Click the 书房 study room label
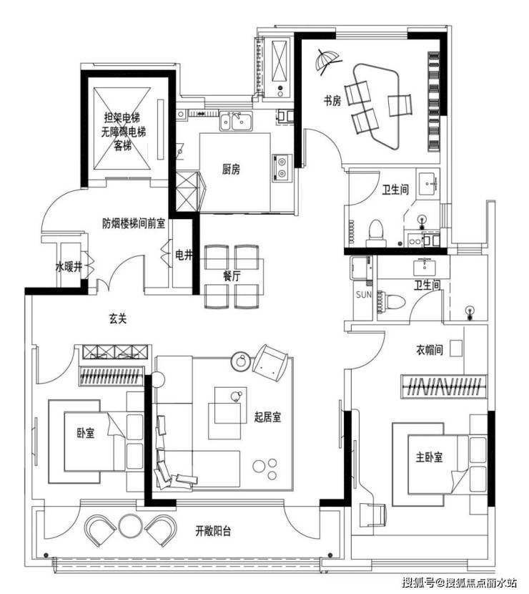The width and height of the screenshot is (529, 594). [332, 100]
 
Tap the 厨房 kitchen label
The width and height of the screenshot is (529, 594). [231, 169]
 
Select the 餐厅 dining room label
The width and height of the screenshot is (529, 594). [231, 276]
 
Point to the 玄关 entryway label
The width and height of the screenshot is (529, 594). [118, 318]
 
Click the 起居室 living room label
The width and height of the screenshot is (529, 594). [268, 417]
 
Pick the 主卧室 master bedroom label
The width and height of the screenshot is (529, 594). [429, 457]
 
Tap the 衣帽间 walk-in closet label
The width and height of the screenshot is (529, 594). [430, 349]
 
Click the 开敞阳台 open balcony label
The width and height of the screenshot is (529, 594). [213, 531]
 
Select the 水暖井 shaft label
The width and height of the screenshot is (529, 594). [69, 267]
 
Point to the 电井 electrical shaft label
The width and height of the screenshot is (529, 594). [184, 255]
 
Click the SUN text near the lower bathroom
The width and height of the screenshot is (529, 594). [364, 294]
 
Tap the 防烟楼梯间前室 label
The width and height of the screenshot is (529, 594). [134, 223]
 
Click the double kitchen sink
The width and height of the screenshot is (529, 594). [236, 121]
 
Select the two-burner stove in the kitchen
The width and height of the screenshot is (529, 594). [282, 167]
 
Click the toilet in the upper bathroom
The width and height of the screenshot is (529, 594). [376, 232]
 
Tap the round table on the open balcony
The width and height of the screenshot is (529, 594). [131, 526]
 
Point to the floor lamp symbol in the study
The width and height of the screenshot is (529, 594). [327, 61]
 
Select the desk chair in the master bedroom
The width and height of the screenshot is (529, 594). [372, 515]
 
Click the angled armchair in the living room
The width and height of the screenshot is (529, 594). [271, 363]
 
